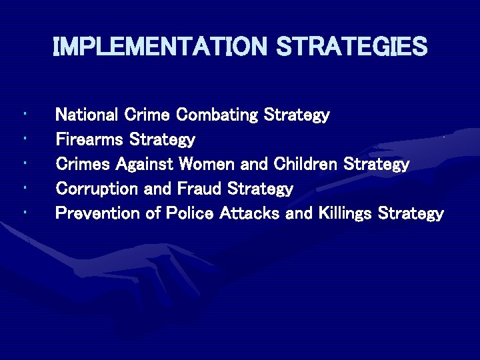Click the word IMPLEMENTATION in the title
[159, 47]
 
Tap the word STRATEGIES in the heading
[351, 47]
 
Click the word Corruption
[97, 189]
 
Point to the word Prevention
[96, 213]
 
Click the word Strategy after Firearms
[162, 141]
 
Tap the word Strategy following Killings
[411, 214]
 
